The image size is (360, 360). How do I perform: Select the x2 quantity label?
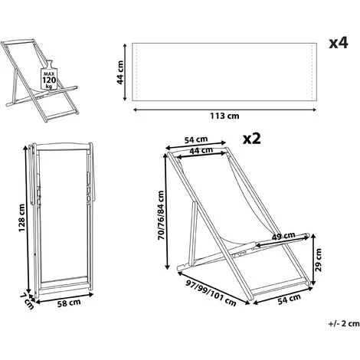point(252,139)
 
